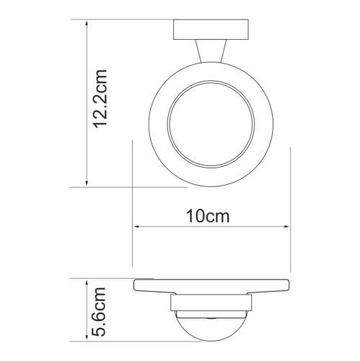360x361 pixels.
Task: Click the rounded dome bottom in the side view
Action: coord(210,329)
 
